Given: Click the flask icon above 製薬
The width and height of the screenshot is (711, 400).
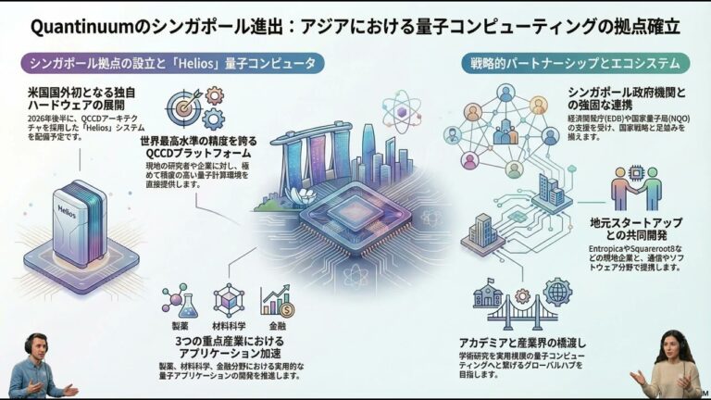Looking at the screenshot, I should coord(175,299).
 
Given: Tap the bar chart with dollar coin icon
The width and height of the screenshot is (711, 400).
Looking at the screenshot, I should coord(277,299).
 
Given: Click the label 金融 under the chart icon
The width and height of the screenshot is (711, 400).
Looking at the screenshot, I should coord(277,326).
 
